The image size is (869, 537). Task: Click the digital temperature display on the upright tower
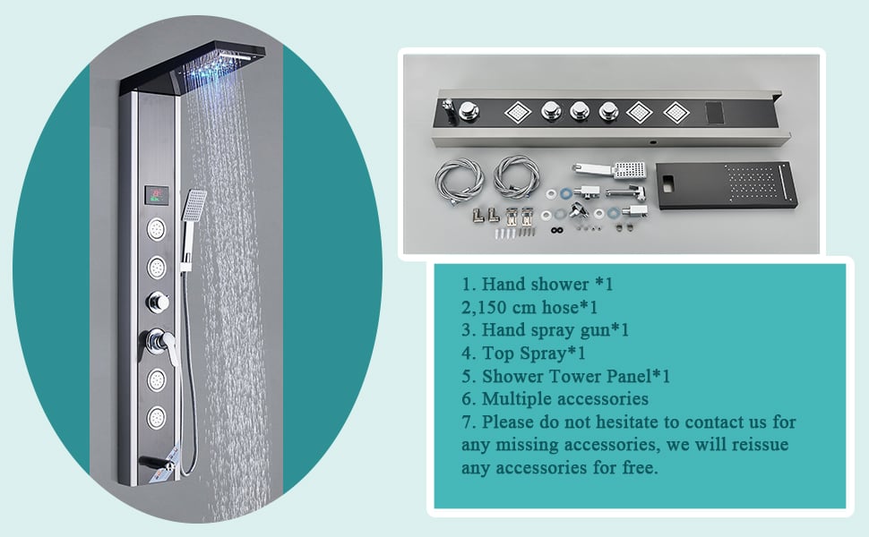pos(157,195)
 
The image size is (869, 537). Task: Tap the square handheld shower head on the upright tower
pos(195,205)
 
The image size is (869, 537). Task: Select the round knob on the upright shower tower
pos(158,303)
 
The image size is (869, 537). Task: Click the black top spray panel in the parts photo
pos(727,184)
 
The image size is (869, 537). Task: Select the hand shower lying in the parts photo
pos(609,171)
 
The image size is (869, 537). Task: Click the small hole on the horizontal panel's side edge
pos(654,142)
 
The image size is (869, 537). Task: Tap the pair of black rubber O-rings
pos(557,230)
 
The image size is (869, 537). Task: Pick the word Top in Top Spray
pos(495,354)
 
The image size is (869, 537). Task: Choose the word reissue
pos(760,445)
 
